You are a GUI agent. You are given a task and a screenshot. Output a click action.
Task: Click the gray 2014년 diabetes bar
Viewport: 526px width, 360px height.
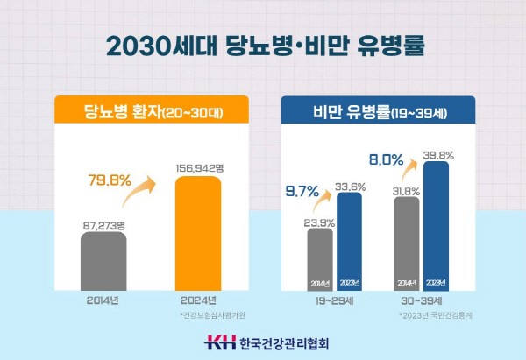103,261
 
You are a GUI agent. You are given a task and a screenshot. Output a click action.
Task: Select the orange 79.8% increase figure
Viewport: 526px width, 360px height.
110,181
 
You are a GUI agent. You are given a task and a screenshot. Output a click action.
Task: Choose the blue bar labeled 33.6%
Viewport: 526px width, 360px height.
349,241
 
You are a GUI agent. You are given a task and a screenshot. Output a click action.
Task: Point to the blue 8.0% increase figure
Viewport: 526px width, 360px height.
386,161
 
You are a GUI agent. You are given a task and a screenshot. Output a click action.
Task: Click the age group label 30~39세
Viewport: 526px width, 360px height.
422,302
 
